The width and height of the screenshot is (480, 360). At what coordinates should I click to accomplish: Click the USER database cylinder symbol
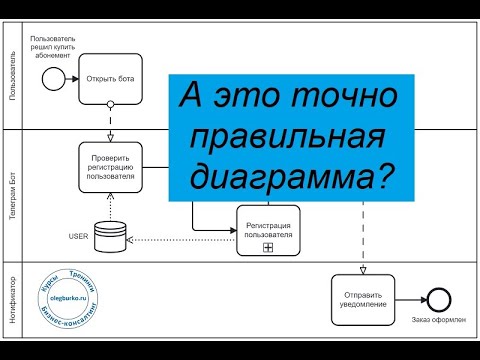[110, 236]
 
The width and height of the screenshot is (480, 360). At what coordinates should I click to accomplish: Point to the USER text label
[79, 236]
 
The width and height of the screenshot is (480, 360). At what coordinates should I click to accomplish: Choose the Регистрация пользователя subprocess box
[268, 230]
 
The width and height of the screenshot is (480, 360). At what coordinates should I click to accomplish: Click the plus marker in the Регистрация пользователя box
[268, 246]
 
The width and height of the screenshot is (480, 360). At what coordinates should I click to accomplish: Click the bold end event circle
[437, 297]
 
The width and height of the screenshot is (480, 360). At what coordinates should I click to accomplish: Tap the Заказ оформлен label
[437, 320]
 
